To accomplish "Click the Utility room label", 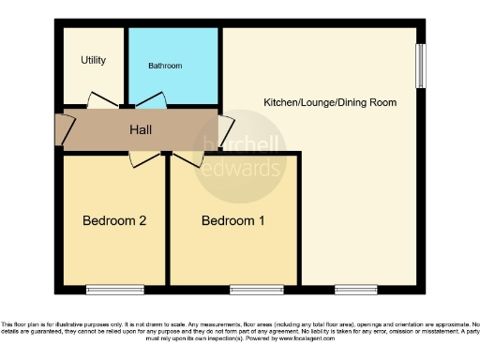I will point(94,61).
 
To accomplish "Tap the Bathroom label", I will point(165,67).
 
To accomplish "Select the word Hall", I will point(141,129).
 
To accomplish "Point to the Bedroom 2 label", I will point(114,221).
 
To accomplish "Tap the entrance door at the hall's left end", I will point(64,128).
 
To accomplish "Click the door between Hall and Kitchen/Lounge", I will point(226,128).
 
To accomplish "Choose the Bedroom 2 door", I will point(143,159).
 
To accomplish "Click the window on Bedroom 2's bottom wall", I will point(111,289).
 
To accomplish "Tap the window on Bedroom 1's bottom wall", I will point(256,289).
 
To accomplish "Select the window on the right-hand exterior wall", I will point(422,66).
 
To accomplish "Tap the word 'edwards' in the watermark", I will point(247,170).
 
